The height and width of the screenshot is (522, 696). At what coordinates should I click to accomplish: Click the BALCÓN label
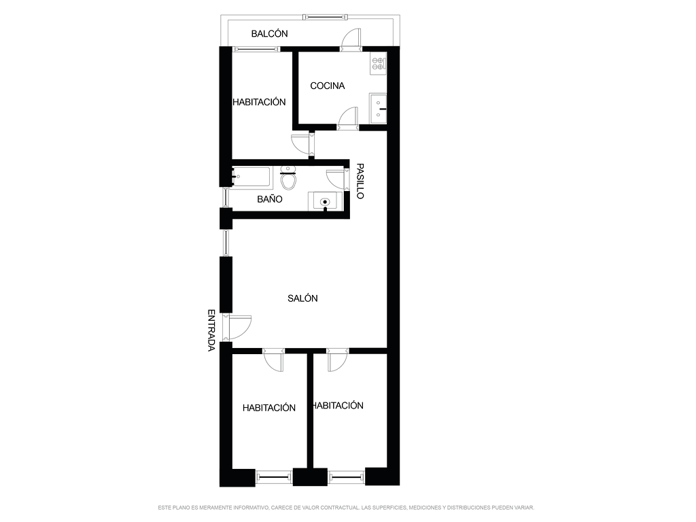point(269,34)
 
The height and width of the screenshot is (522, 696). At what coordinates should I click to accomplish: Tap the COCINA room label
point(328,86)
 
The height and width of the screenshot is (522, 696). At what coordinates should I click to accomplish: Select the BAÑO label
point(270,199)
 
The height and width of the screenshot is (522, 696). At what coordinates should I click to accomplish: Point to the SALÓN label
point(302,298)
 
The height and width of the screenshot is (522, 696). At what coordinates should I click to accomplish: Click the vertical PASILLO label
point(360,181)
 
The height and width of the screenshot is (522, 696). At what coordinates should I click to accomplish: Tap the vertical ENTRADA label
point(211,330)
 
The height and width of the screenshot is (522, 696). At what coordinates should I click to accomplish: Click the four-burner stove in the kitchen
point(379,63)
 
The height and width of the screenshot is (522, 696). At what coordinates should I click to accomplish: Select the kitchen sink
point(378,108)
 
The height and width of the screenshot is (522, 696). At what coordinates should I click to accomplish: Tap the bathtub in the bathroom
point(251,177)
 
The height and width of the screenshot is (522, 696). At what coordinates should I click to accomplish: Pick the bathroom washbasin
point(326,201)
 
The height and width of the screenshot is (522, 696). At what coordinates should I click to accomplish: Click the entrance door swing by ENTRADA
point(239,327)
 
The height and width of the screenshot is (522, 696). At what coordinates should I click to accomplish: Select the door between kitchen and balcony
point(351,39)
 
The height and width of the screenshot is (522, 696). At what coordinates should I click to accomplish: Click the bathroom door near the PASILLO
point(335,179)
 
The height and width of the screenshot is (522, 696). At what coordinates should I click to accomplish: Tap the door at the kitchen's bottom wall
point(349,118)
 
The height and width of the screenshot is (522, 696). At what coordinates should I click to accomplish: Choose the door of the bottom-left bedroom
point(273,360)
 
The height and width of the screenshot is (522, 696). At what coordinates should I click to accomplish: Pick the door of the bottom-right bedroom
point(337,360)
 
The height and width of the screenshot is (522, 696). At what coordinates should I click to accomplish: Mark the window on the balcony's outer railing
point(324,17)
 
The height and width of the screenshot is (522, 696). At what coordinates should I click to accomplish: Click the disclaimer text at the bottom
point(346,507)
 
